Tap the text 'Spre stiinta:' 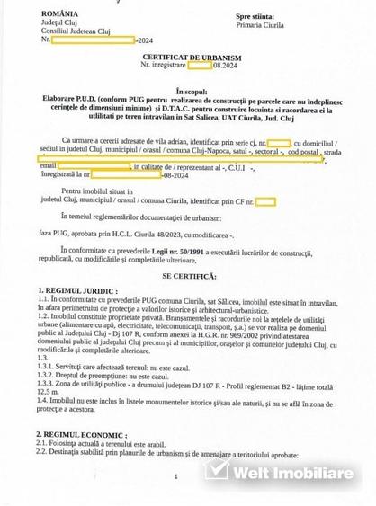coord(256,16)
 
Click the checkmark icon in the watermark coord(217,470)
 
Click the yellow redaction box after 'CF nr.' coord(264,202)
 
